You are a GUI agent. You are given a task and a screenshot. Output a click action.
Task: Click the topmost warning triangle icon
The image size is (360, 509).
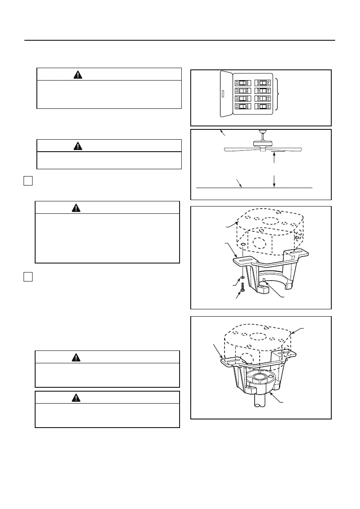[x=78, y=74]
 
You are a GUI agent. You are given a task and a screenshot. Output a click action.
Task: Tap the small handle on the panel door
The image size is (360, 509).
[x=223, y=93]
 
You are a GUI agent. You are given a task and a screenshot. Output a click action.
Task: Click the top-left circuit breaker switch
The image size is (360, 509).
[x=242, y=82]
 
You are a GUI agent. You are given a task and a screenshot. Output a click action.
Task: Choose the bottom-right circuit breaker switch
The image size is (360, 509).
[x=261, y=106]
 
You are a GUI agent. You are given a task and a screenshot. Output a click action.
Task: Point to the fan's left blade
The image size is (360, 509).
[x=240, y=150]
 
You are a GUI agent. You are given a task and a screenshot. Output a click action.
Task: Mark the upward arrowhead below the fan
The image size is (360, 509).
[x=273, y=156]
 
